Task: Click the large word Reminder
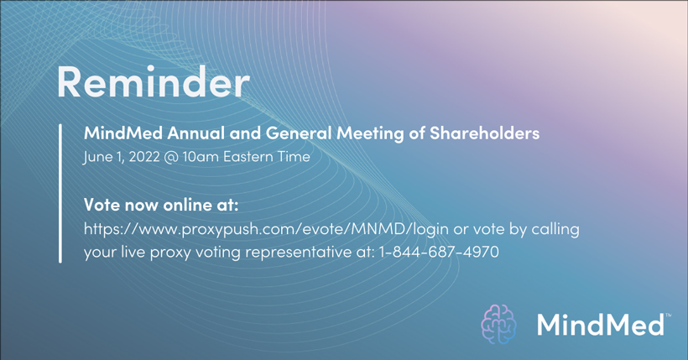point(154,82)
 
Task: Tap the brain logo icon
point(498,324)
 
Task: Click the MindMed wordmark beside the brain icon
point(600,325)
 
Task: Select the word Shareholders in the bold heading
point(484,133)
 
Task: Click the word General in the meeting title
point(299,133)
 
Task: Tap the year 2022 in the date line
point(144,157)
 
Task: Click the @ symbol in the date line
point(171,157)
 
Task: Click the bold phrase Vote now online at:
point(161,205)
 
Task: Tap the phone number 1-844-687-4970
point(439,252)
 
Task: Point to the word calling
point(555,229)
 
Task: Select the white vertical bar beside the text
point(60,193)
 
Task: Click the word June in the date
point(97,157)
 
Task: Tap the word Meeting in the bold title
point(370,133)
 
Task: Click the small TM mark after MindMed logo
point(668,315)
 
